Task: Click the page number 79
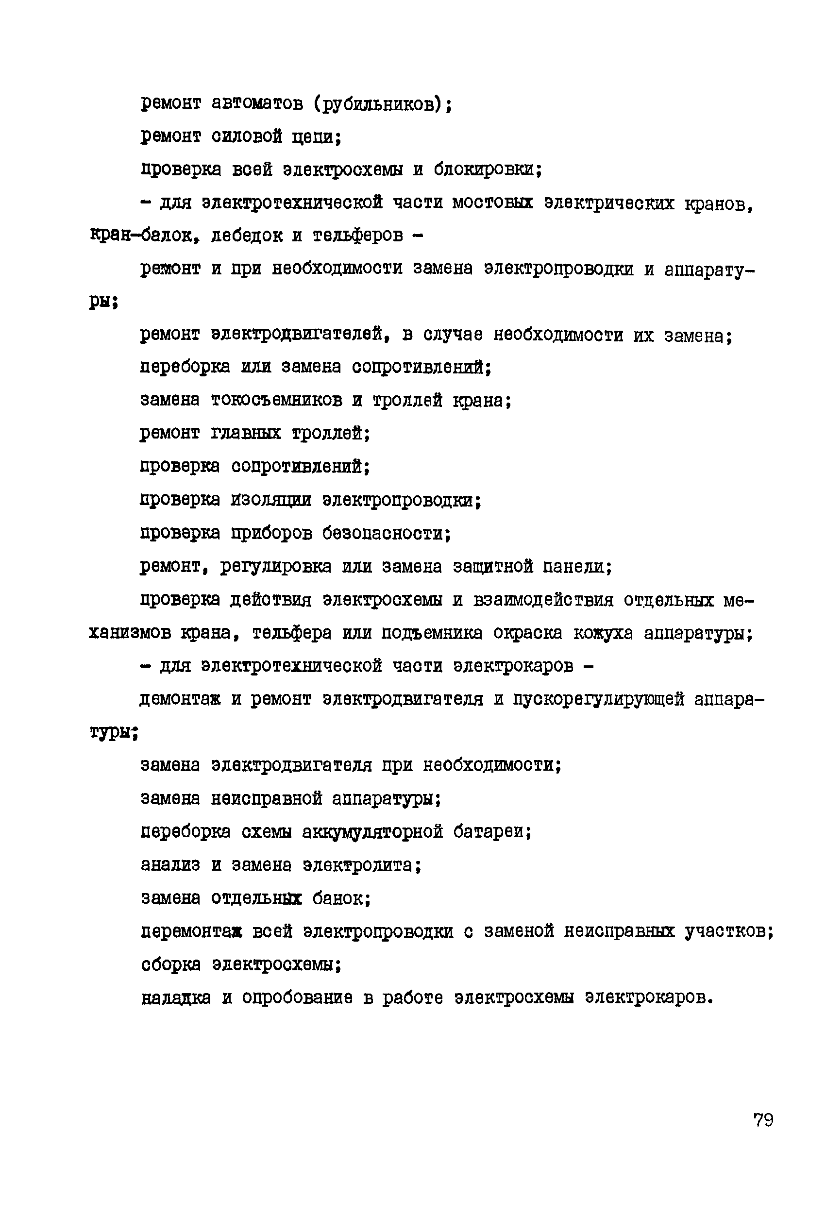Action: click(x=763, y=1120)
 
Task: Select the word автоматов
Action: click(x=257, y=103)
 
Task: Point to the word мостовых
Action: click(x=492, y=203)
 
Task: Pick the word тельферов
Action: click(x=358, y=236)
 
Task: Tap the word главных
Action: click(x=246, y=434)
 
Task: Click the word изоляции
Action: click(x=271, y=500)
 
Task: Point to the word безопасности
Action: click(x=385, y=533)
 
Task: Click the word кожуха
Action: click(x=603, y=633)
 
